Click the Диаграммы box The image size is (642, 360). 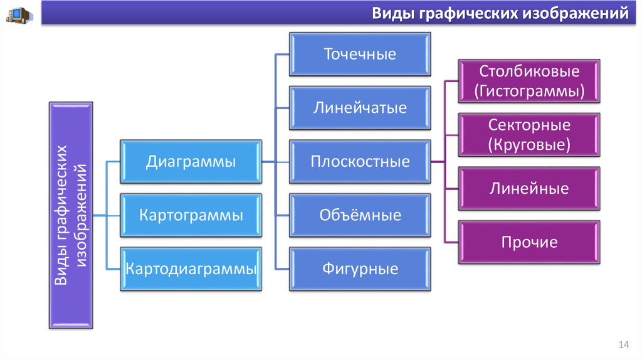[191, 162]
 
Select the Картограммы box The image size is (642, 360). [191, 216]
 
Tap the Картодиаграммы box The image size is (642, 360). [191, 270]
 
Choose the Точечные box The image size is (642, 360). [360, 54]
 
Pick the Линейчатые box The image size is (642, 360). [360, 108]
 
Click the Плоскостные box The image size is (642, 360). [360, 162]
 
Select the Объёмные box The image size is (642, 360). [360, 216]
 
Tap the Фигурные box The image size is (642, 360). [360, 270]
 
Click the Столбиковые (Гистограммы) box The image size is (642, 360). [529, 81]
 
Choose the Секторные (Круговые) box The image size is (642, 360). [529, 135]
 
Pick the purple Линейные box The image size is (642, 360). [529, 189]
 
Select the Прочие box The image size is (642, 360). [529, 242]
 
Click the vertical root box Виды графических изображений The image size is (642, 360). [70, 216]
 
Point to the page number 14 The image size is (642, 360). [623, 345]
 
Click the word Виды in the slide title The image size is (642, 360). [392, 13]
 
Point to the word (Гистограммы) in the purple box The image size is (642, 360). [529, 92]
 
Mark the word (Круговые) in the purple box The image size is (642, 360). [529, 146]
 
